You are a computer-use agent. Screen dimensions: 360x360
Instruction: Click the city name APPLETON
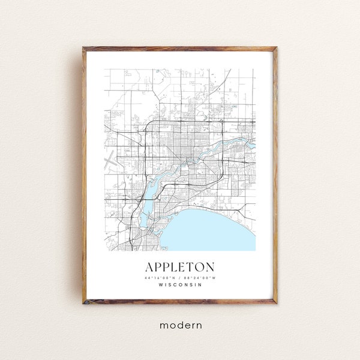[179, 265]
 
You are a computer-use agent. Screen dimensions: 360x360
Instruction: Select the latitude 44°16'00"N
[160, 277]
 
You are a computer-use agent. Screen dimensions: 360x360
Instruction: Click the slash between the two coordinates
[179, 277]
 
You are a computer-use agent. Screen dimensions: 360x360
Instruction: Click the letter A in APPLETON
[148, 265]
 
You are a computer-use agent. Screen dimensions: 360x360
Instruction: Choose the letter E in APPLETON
[180, 265]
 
